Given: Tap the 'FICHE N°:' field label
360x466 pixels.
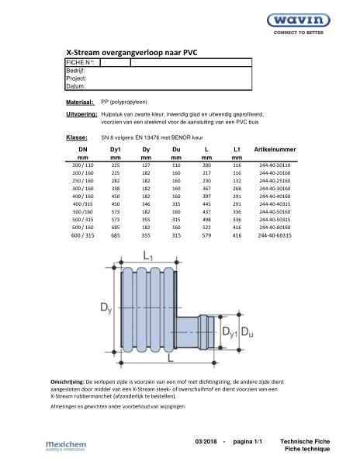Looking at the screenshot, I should pyautogui.click(x=81, y=61).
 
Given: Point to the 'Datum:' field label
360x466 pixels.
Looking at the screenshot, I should pyautogui.click(x=76, y=86).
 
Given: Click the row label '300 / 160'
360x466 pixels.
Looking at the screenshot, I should pyautogui.click(x=82, y=188).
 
